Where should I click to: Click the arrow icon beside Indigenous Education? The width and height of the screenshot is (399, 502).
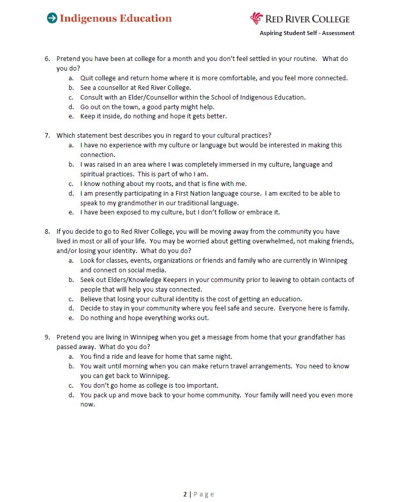[52, 18]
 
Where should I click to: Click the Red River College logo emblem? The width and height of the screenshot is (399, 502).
[256, 18]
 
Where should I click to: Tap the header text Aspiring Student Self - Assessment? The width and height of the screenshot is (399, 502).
[307, 33]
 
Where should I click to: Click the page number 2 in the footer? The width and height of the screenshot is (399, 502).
[185, 494]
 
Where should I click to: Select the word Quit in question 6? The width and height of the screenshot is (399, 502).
[87, 78]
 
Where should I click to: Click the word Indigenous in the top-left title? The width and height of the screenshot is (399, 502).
[87, 18]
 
